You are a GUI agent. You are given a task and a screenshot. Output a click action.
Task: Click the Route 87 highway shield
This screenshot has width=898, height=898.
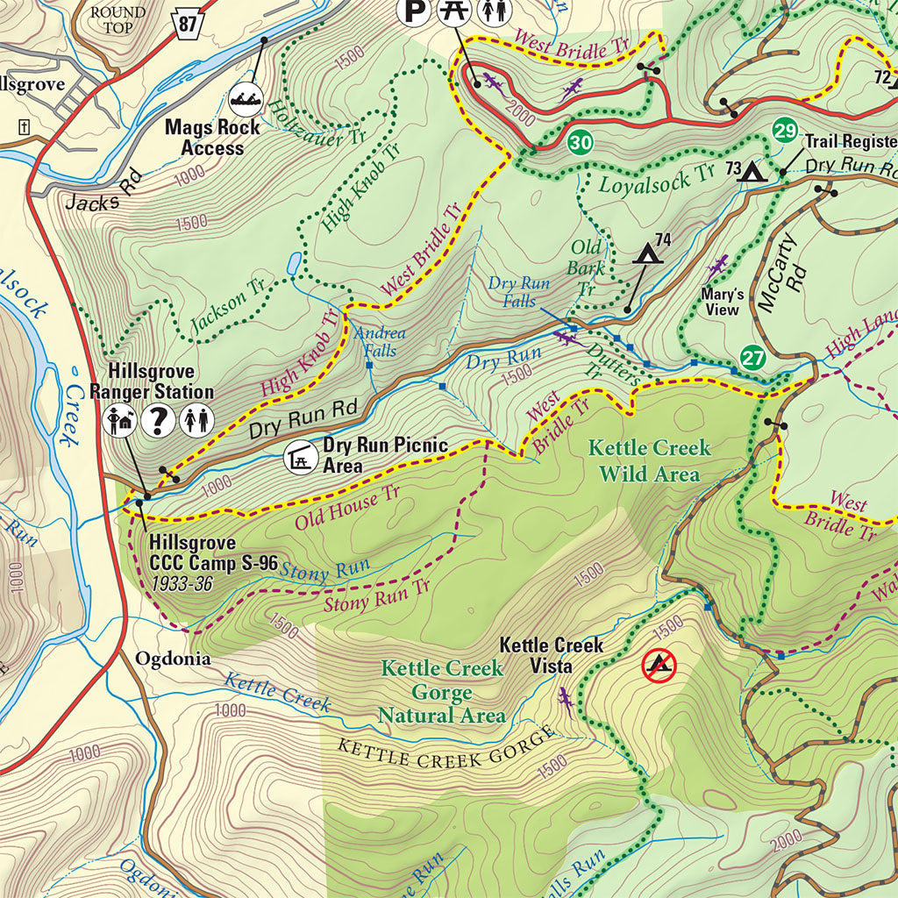pos(187,24)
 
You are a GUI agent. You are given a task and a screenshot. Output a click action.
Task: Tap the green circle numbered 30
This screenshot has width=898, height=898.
pos(579,142)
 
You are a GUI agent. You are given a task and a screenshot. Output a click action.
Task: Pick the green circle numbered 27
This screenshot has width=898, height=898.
pos(752,358)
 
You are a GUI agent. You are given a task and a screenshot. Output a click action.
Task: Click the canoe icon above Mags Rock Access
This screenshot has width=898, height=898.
pos(248,99)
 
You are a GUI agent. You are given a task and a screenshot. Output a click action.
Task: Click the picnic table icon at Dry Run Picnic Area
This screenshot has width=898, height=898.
pos(301,457)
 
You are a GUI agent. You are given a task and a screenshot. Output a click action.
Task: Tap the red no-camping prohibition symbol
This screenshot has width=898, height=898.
pos(659,666)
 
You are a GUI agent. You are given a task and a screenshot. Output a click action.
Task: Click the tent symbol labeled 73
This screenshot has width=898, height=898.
pos(752,171)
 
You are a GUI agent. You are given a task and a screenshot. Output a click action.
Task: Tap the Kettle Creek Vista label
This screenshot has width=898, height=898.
pos(551,655)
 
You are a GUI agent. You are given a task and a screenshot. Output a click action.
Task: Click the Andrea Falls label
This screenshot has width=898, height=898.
pos(379,341)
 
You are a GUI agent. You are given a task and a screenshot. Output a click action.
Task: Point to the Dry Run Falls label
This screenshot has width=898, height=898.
pos(519,292)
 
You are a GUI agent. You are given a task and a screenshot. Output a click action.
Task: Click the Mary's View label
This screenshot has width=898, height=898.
pos(723,302)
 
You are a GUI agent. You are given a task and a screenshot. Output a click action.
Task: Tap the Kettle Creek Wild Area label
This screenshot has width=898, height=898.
pos(648,461)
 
